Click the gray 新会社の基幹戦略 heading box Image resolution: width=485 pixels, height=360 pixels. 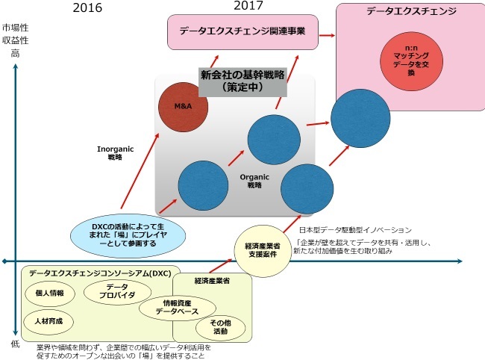pyautogui.click(x=243, y=80)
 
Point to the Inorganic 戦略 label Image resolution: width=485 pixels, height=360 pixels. pyautogui.click(x=115, y=153)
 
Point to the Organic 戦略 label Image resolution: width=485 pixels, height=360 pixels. pyautogui.click(x=248, y=181)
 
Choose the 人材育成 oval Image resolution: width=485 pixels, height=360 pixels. pyautogui.click(x=54, y=320)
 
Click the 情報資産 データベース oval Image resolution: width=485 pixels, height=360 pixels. pyautogui.click(x=179, y=308)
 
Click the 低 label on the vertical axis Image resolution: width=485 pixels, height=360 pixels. pyautogui.click(x=15, y=343)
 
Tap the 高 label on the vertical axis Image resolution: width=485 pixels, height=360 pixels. pyautogui.click(x=15, y=54)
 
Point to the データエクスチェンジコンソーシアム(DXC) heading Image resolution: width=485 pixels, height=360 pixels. pyautogui.click(x=100, y=273)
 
